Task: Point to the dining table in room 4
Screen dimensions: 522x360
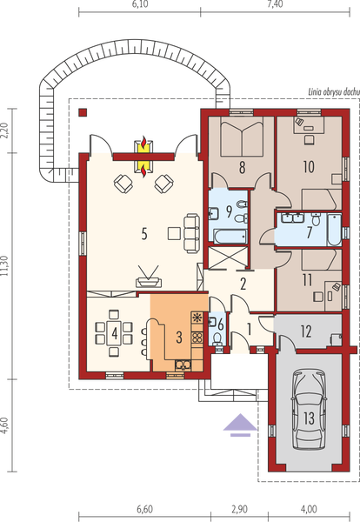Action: coord(114,331)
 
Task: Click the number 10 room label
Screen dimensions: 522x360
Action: coord(308,165)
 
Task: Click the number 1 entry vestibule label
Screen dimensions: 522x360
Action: coord(249,328)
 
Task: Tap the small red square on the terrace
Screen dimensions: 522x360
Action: coord(83,113)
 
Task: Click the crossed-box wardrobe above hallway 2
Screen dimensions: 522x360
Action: coord(227,259)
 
